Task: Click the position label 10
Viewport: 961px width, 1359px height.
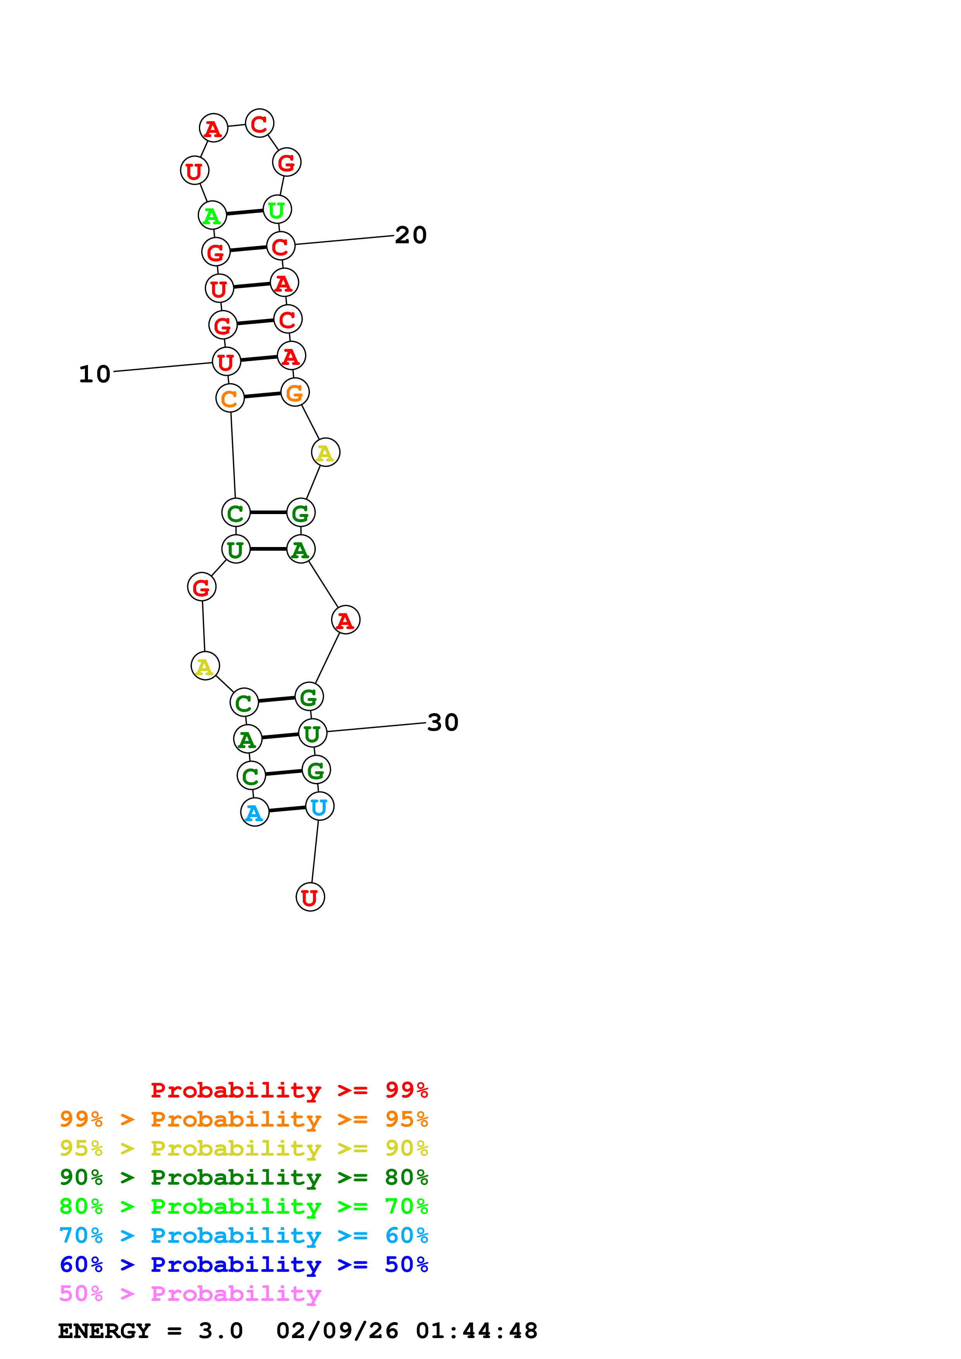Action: (95, 374)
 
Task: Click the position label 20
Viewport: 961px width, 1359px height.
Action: (411, 235)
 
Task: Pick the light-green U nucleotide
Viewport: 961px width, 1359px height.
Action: (276, 210)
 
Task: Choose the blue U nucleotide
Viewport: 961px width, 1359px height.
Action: (319, 806)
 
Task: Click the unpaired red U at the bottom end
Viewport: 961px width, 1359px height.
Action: (310, 897)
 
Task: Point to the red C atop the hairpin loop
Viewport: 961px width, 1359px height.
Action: (259, 124)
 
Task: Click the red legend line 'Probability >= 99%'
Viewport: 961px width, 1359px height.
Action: (289, 1090)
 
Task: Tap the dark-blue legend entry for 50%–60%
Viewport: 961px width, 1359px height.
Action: (243, 1264)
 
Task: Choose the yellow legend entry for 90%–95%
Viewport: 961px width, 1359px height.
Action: (243, 1148)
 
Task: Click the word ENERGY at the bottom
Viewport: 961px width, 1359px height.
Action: (104, 1331)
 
